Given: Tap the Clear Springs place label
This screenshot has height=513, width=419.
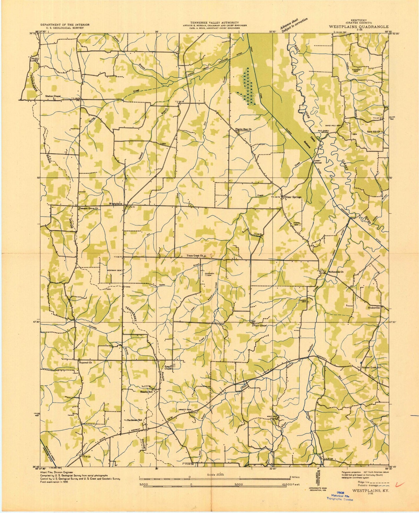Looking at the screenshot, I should (x=293, y=197).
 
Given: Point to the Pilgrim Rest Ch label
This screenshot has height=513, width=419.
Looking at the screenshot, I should (x=243, y=129).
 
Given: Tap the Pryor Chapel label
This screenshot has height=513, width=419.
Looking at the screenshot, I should (x=260, y=325).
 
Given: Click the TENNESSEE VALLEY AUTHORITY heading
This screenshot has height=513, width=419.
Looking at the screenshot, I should (x=214, y=22).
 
